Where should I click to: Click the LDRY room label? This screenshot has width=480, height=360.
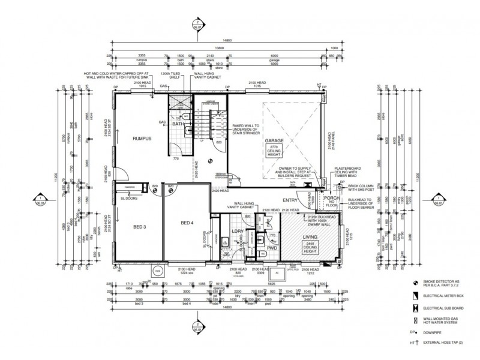coord(236,232)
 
